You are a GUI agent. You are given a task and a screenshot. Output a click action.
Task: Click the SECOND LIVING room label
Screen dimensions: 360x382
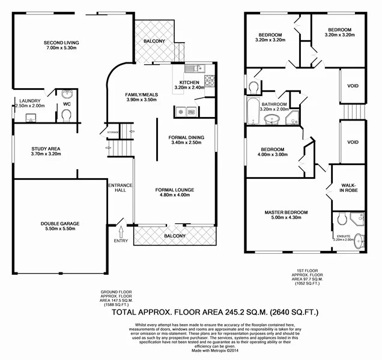click(61, 43)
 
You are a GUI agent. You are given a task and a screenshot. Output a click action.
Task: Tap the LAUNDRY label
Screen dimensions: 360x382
click(29, 101)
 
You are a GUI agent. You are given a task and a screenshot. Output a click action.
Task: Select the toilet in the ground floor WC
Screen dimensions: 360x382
click(66, 114)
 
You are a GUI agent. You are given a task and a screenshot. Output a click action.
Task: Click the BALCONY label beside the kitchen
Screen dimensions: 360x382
click(155, 41)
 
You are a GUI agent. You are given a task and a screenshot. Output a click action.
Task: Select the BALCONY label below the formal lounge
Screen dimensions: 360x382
click(175, 236)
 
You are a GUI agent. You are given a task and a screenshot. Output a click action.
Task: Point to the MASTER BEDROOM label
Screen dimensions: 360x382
click(286, 212)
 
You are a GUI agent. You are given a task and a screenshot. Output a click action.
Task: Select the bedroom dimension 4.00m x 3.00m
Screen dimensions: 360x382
click(273, 154)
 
